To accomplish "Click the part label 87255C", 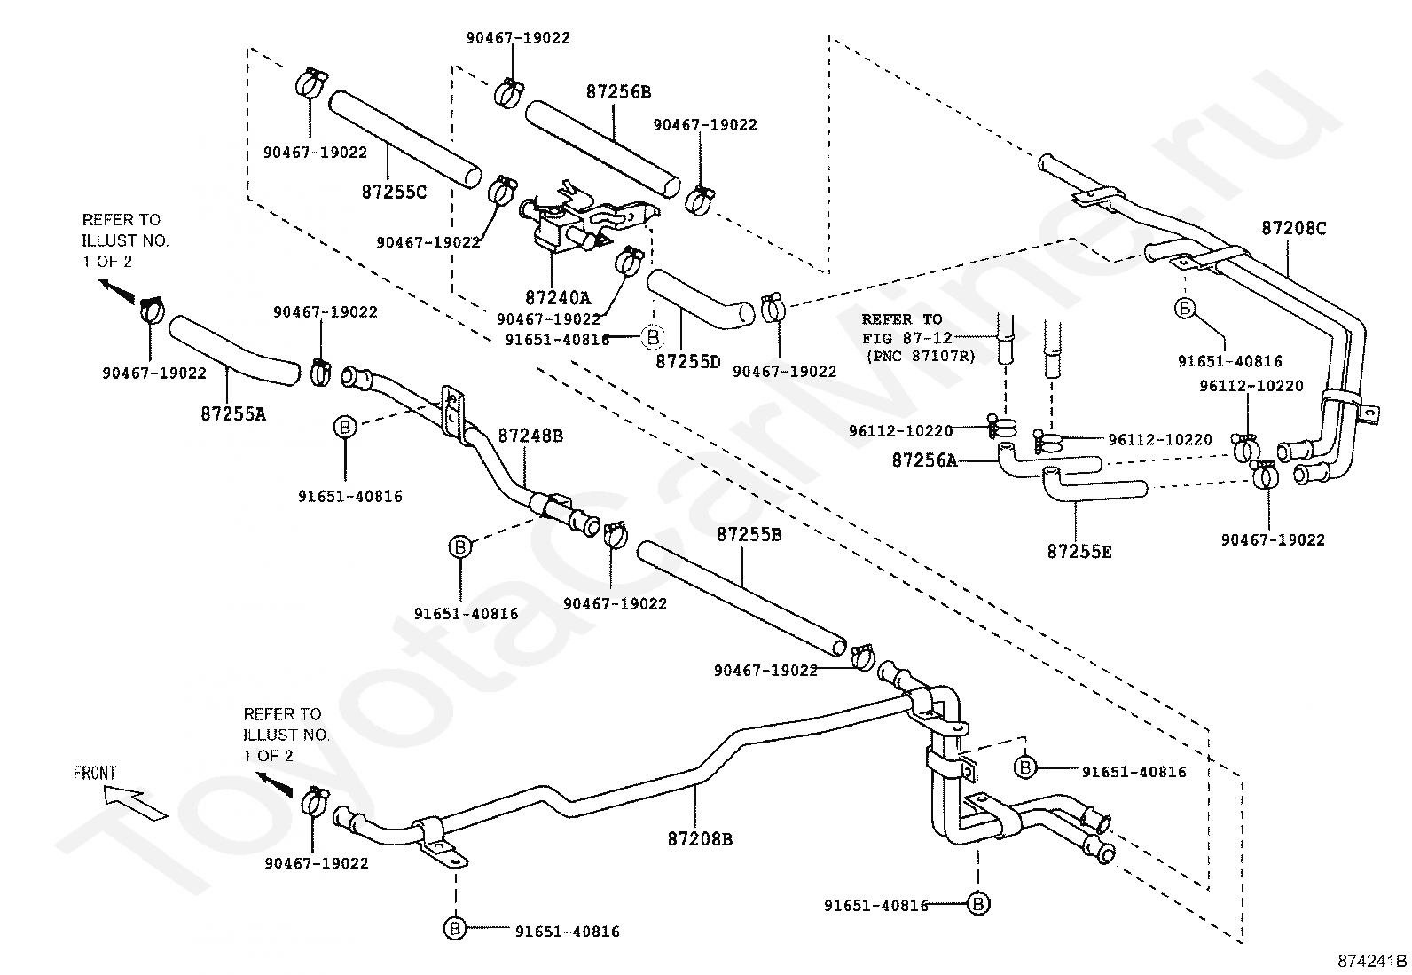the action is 394,192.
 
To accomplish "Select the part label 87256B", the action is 618,92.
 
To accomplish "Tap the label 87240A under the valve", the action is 558,297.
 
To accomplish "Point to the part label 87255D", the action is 687,361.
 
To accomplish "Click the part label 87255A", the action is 233,413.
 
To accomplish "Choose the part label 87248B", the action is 530,436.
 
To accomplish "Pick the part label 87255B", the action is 749,535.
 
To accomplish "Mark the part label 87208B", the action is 701,839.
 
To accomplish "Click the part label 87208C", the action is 1293,228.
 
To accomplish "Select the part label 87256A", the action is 924,460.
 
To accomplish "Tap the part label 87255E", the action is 1079,552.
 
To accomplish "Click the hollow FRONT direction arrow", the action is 136,806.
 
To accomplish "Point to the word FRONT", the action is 95,774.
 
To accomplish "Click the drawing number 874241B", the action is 1372,961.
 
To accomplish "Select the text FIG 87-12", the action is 907,338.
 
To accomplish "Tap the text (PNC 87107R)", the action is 921,357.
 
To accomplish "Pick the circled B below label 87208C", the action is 1185,309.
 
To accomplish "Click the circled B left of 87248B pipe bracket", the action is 345,427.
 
